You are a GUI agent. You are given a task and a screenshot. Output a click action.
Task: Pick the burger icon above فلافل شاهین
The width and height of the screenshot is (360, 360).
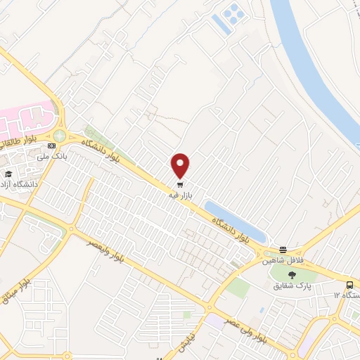pos(283,250)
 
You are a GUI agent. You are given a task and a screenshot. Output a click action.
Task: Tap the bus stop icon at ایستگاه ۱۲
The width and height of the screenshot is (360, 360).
pos(349,285)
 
